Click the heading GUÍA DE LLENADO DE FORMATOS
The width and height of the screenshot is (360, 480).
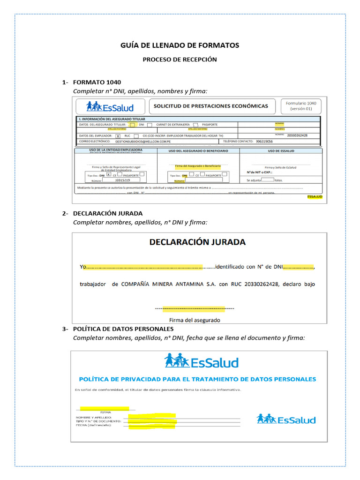[x=180, y=45]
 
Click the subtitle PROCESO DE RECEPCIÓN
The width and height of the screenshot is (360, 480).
[x=180, y=60]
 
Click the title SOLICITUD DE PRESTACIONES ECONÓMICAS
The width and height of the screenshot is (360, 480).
[x=211, y=106]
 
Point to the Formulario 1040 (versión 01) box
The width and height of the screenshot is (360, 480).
[x=300, y=105]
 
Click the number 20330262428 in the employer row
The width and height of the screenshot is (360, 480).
[x=298, y=135]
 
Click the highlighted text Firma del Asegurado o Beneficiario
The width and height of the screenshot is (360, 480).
[x=198, y=166]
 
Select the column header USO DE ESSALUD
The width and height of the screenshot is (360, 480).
[x=281, y=151]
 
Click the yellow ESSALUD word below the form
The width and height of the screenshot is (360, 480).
[x=315, y=197]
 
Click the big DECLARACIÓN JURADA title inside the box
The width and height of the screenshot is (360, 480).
[x=197, y=242]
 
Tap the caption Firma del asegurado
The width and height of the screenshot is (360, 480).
[x=195, y=320]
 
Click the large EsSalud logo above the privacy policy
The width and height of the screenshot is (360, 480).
[x=202, y=361]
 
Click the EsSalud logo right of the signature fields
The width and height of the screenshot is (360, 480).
[x=286, y=419]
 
